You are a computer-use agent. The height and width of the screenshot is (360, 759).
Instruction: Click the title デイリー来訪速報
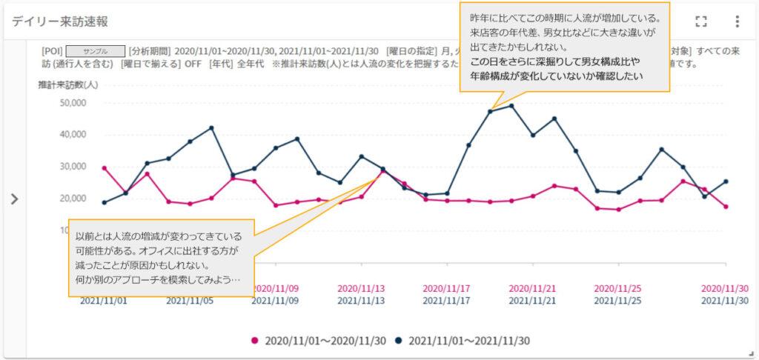tap(60, 21)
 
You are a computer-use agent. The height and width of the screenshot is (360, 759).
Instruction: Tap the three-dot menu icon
tap(737, 21)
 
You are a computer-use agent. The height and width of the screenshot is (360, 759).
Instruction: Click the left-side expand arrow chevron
tap(14, 199)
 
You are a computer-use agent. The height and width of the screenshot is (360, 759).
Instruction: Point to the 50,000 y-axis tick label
tap(73, 103)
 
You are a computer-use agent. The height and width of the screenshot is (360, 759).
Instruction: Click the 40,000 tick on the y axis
tap(73, 135)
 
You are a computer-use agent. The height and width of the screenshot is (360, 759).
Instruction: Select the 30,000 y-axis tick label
tap(73, 167)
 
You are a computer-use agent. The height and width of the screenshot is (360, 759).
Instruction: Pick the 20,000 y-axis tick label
tap(73, 199)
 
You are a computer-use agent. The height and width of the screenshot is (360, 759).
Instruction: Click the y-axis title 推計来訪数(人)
tap(68, 84)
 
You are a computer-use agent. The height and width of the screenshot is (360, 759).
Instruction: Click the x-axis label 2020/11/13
tap(361, 288)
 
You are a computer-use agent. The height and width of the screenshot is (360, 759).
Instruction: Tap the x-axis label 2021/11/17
tap(446, 301)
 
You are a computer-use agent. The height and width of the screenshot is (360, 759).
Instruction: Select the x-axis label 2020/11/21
tap(531, 288)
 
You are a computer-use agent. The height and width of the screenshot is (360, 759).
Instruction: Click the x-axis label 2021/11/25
tap(617, 301)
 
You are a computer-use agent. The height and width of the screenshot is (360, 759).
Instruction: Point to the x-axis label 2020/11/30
tap(726, 288)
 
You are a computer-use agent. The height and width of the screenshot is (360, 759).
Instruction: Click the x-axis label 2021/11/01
tap(103, 301)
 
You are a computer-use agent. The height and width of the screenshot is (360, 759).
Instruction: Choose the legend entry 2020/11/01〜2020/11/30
tap(319, 341)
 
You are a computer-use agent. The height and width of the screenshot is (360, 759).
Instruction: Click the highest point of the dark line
tap(511, 105)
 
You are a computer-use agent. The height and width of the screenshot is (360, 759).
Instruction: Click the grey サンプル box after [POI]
tap(95, 52)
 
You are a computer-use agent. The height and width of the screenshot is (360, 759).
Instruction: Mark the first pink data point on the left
tap(104, 168)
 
